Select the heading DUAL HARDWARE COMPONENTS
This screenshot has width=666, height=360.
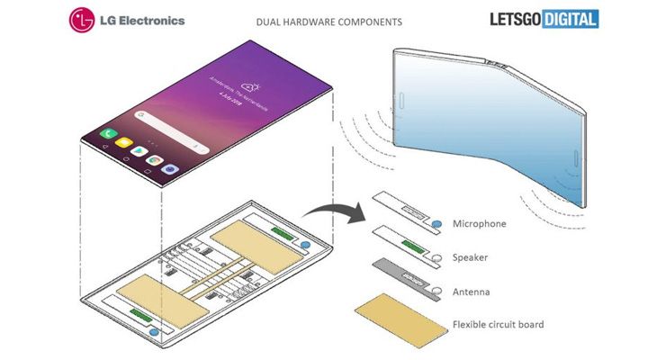[x=329, y=21]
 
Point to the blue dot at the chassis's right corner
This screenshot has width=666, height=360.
[x=305, y=244]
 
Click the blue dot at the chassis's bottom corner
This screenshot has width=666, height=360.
[x=163, y=332]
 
